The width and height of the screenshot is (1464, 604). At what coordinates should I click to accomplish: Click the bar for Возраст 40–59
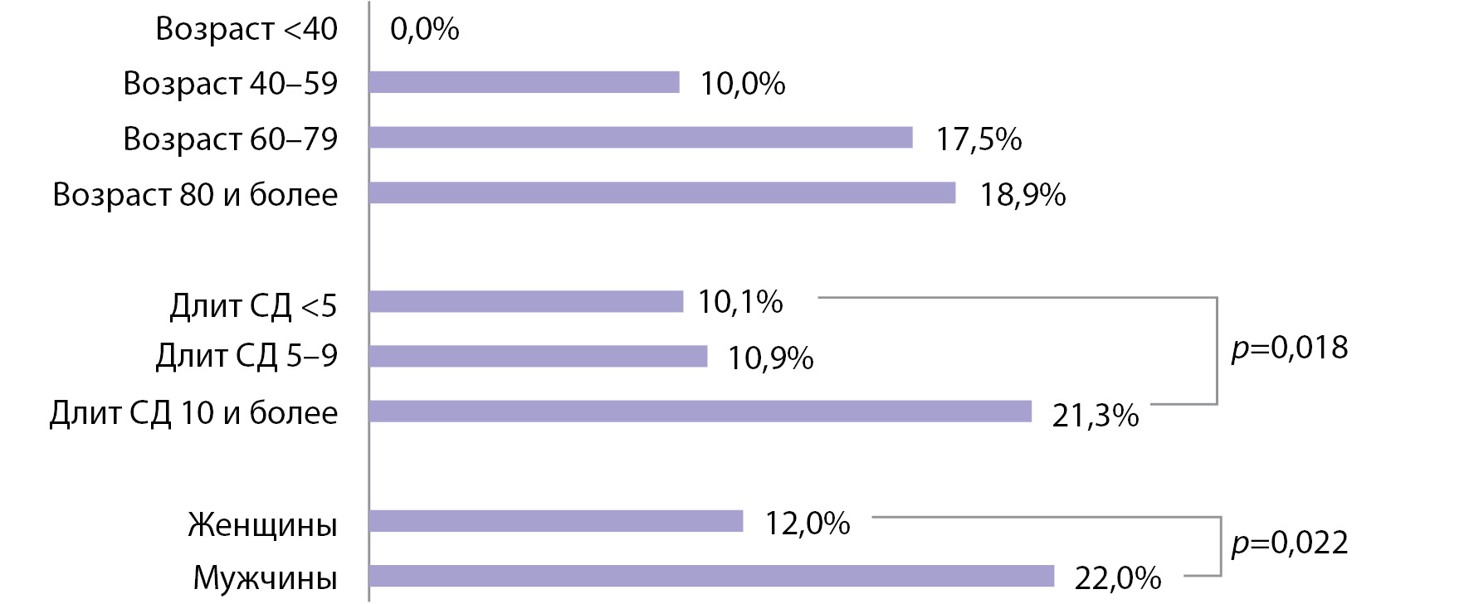(525, 82)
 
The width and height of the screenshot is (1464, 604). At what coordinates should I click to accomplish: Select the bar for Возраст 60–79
(642, 138)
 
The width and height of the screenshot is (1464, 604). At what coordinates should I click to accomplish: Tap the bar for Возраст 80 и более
(663, 192)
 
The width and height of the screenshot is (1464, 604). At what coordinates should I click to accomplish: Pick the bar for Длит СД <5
(527, 301)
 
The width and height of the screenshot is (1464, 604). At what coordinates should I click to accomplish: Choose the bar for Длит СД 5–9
(539, 356)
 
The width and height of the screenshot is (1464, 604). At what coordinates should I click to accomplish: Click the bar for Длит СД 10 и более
(701, 411)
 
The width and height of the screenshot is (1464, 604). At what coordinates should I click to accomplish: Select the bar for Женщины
(557, 521)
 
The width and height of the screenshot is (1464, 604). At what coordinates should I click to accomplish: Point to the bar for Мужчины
(712, 576)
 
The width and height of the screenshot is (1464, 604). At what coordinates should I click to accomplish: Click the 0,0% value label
(424, 30)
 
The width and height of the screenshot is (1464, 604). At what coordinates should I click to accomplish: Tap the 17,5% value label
(979, 139)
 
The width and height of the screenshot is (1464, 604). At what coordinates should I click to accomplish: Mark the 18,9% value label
(1023, 195)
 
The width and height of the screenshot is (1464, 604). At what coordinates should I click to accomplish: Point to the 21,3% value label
(1096, 416)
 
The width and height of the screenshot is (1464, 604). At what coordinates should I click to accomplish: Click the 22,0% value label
(1118, 578)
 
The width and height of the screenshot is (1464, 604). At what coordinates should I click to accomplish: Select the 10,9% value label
(771, 358)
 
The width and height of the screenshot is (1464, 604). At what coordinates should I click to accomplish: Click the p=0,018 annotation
(1290, 348)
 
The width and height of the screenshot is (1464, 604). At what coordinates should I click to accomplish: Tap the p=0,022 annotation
(1290, 543)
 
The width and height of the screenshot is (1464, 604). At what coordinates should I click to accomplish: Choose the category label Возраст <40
(246, 29)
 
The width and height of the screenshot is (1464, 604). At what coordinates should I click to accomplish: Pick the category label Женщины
(262, 525)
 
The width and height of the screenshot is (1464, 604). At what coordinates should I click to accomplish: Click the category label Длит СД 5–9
(246, 356)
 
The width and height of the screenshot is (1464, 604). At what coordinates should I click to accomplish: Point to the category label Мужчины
(266, 578)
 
